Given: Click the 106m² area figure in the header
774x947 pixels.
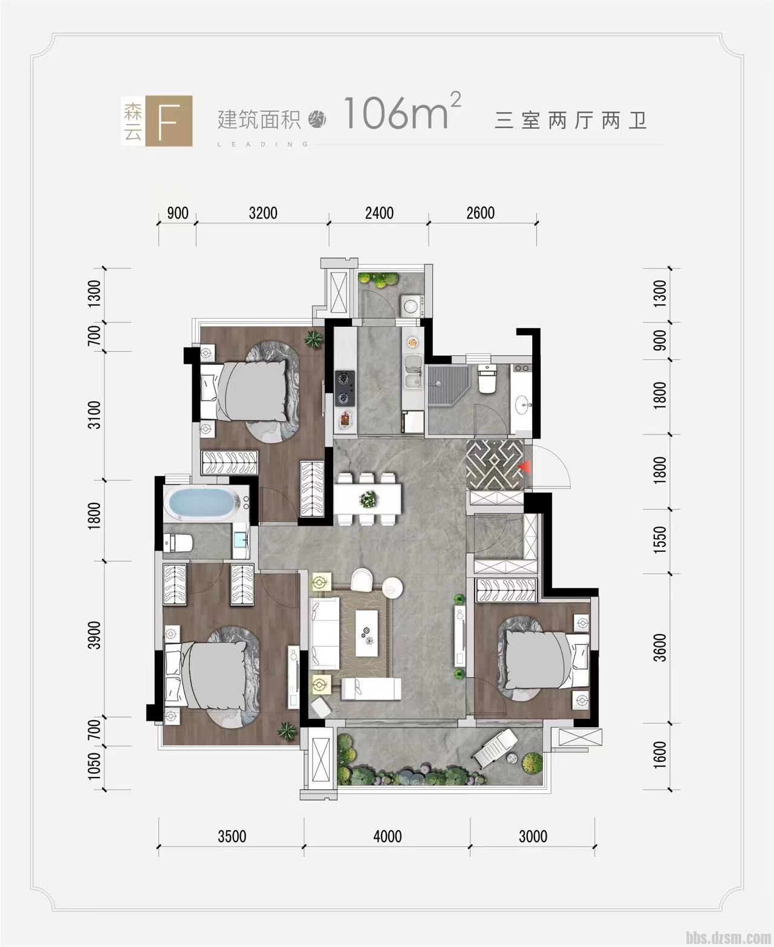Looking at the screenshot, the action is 403,112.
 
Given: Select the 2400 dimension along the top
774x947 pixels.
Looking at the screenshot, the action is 379,213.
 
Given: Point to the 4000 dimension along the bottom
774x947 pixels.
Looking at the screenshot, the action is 387,836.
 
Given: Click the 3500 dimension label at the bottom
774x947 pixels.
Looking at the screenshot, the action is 232,836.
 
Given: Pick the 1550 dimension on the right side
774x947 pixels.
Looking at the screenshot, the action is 660,540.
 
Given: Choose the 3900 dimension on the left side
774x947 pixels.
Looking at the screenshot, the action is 94,635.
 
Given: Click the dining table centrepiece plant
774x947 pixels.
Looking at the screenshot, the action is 368,499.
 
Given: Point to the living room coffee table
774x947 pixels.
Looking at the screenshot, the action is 368,633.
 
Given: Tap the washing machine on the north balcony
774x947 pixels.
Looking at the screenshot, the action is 411,306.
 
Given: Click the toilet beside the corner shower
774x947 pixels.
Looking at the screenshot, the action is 486,379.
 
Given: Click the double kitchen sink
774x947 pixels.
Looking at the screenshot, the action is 413,372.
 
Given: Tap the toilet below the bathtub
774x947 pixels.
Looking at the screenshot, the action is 178,542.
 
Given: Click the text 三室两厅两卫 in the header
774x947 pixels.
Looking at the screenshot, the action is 571,121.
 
